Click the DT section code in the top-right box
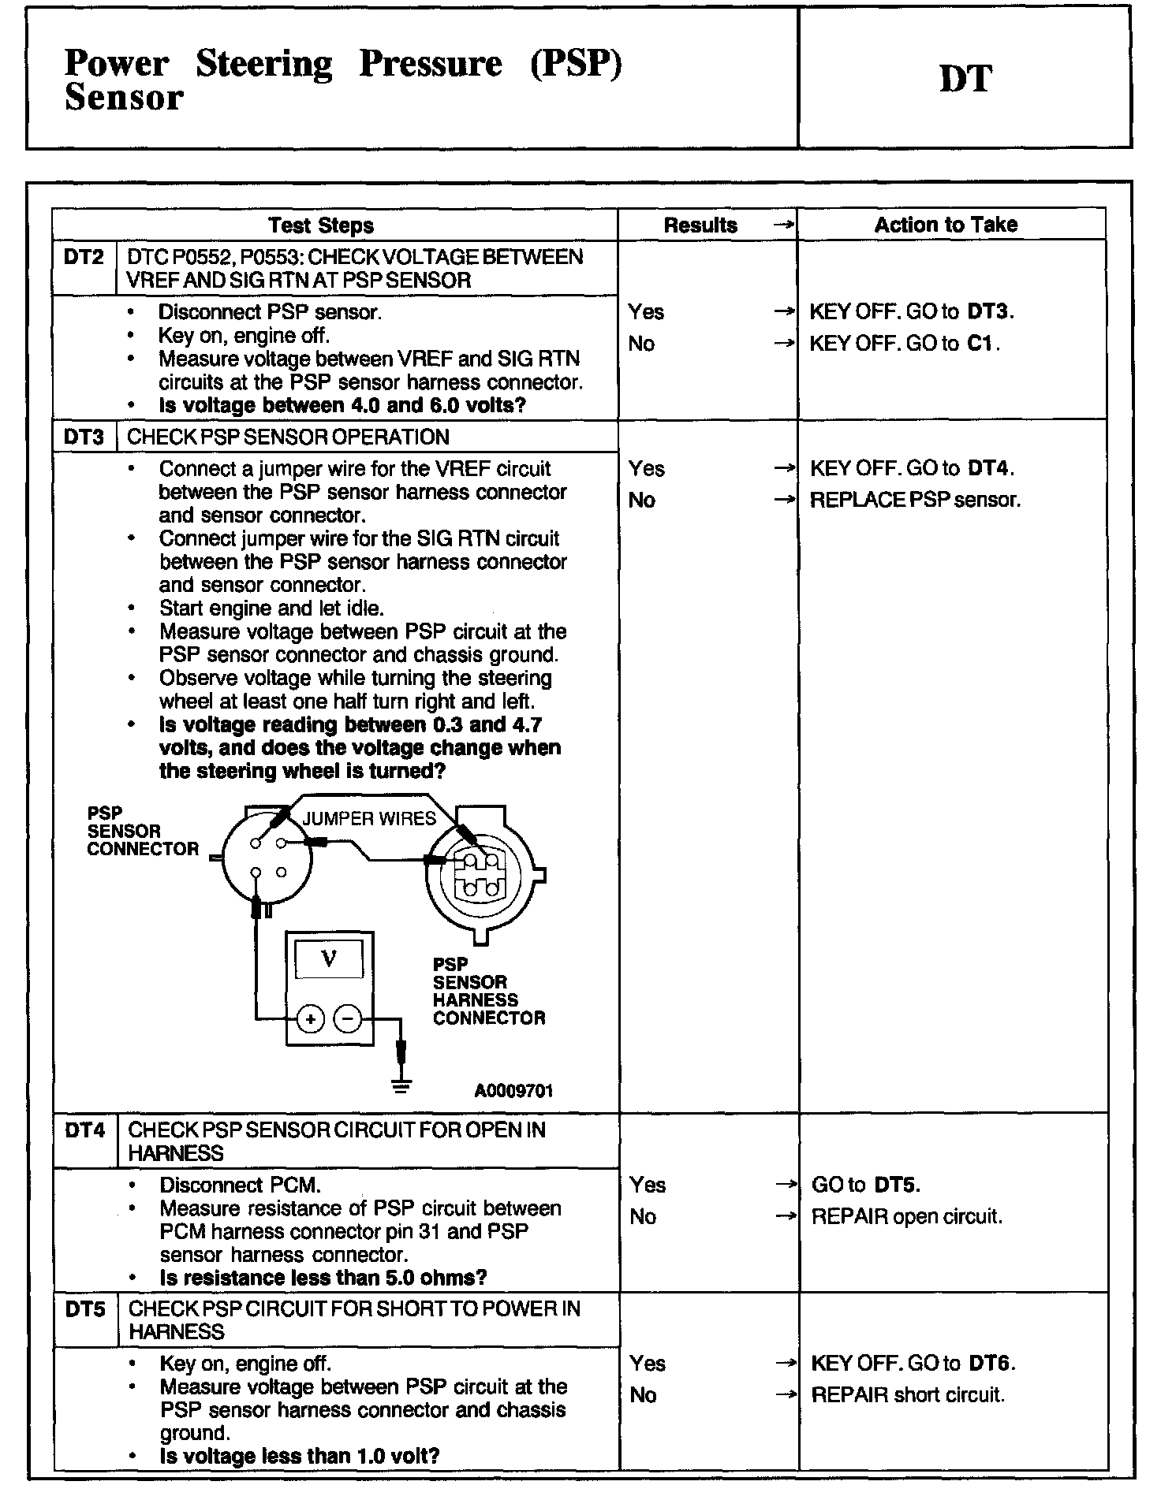coord(965,79)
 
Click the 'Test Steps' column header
coord(320,225)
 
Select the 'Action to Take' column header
coord(946,225)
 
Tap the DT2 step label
coord(84,257)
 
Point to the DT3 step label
coord(84,437)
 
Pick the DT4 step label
coord(84,1130)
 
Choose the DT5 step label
coord(84,1309)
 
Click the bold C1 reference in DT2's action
coord(982,344)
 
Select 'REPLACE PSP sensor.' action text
coord(915,500)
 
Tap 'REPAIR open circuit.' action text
coord(906,1216)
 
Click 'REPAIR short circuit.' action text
coord(908,1395)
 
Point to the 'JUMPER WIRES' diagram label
coord(369,819)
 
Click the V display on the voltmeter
coord(329,958)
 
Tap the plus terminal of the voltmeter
coord(310,1019)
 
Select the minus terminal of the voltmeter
coord(348,1019)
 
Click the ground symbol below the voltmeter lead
coord(401,1086)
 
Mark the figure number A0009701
coord(513,1090)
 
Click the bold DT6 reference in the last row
coord(991,1364)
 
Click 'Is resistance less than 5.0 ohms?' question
coord(323,1277)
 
